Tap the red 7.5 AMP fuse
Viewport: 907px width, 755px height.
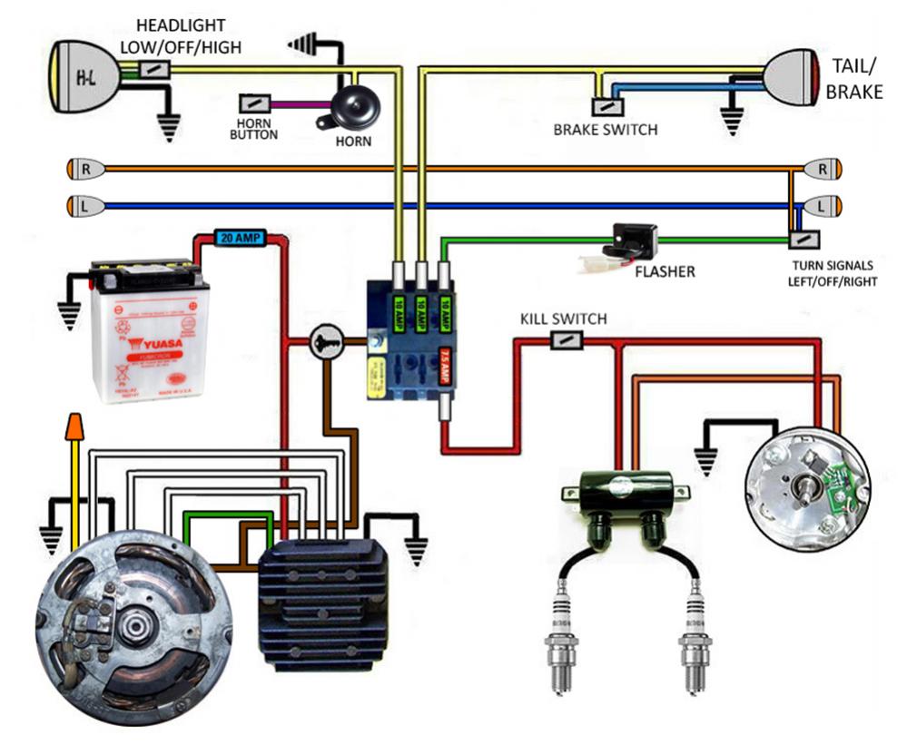pyautogui.click(x=446, y=357)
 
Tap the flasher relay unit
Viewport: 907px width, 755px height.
pyautogui.click(x=628, y=241)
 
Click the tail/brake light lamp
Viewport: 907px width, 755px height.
pyautogui.click(x=792, y=76)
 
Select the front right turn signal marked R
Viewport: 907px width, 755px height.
pyautogui.click(x=86, y=169)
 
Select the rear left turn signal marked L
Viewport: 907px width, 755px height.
pyautogui.click(x=823, y=206)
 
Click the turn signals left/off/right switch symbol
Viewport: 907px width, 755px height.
pyautogui.click(x=803, y=240)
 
